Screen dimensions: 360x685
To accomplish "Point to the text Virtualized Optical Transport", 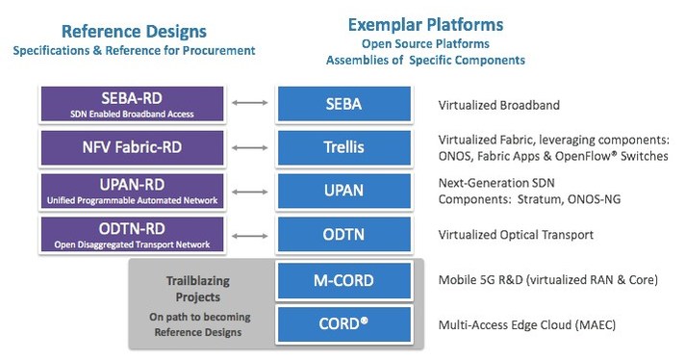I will (x=516, y=234).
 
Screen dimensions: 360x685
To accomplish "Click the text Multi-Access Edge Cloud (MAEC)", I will (x=527, y=325).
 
